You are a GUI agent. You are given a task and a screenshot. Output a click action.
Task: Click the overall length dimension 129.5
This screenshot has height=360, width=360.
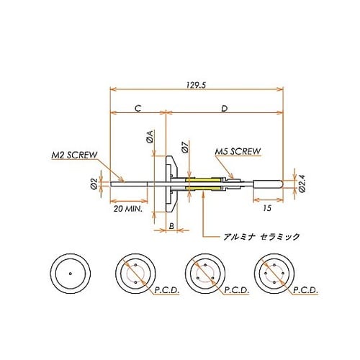[195, 84]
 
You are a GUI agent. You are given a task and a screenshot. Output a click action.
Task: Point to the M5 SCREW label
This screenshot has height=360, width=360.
[237, 152]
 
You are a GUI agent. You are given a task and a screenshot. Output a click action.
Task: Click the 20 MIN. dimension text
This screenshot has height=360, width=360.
[130, 209]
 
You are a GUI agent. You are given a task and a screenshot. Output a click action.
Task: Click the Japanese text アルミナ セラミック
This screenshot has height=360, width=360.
[251, 235]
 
